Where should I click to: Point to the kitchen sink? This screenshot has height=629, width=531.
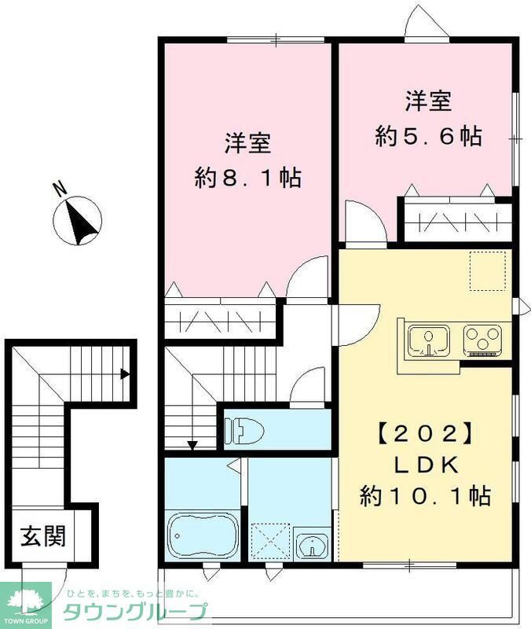(428, 340)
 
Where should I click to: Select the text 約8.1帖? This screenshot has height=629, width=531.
(248, 178)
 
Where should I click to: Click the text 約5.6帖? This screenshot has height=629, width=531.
(428, 136)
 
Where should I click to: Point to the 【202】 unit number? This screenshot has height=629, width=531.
(424, 433)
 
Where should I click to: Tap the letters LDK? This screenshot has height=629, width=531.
(425, 465)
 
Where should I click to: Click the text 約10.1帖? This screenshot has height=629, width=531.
(425, 496)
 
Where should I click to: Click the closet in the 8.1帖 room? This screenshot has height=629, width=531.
(220, 321)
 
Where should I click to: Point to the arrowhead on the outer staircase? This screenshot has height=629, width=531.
(124, 374)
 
